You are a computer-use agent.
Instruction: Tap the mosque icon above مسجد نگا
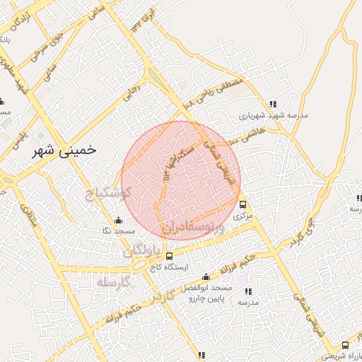(118, 219)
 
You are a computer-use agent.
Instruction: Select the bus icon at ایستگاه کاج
(168, 256)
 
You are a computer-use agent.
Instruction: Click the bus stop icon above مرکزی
(243, 204)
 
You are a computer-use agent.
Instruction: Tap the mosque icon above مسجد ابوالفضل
(205, 276)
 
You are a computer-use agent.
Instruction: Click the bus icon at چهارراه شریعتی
(345, 345)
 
